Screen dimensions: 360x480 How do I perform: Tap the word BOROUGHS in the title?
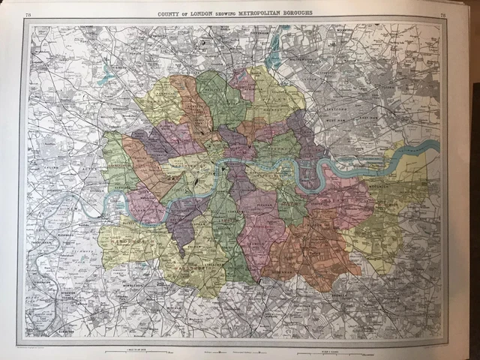[295, 13]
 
